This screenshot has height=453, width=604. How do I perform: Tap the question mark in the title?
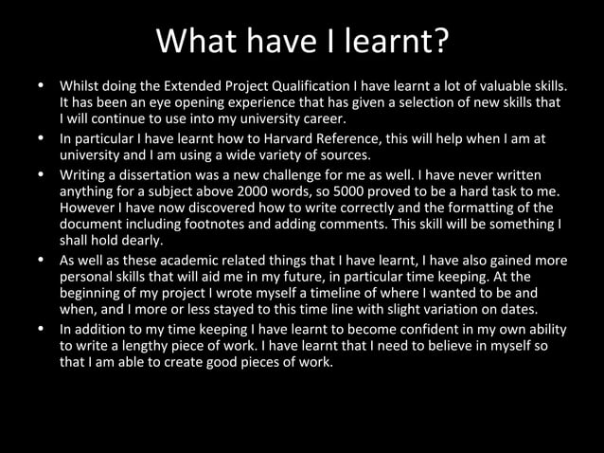(x=439, y=42)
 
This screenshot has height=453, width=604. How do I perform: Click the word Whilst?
(x=79, y=84)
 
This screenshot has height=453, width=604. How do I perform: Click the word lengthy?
(x=133, y=346)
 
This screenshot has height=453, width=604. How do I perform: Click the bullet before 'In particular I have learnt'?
(x=41, y=138)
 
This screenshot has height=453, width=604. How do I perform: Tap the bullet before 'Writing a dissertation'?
(x=41, y=174)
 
